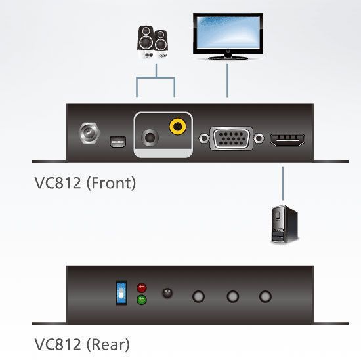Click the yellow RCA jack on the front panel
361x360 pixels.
coord(177,127)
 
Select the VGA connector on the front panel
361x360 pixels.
coord(232,138)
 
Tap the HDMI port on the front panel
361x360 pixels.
coord(287,140)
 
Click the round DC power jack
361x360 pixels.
coord(89,133)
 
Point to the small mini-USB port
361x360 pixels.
coord(118,142)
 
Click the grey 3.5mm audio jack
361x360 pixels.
coord(150,138)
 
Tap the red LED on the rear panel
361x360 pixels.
coord(142,287)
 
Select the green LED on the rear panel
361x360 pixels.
coord(142,300)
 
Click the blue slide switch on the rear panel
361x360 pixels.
coord(121,293)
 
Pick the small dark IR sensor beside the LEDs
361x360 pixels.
coord(167,293)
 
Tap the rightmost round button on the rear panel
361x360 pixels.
coord(265,296)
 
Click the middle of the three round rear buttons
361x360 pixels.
coord(233,296)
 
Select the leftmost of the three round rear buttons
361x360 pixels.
coord(198,296)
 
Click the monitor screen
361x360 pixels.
coord(228,33)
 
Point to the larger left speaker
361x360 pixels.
coord(146,42)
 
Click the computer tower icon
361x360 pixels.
coord(285,224)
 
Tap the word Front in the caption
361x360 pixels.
coord(111,183)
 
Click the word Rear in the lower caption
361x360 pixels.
coord(108,344)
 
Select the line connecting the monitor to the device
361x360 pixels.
coord(228,81)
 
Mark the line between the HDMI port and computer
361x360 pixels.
coord(283,184)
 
